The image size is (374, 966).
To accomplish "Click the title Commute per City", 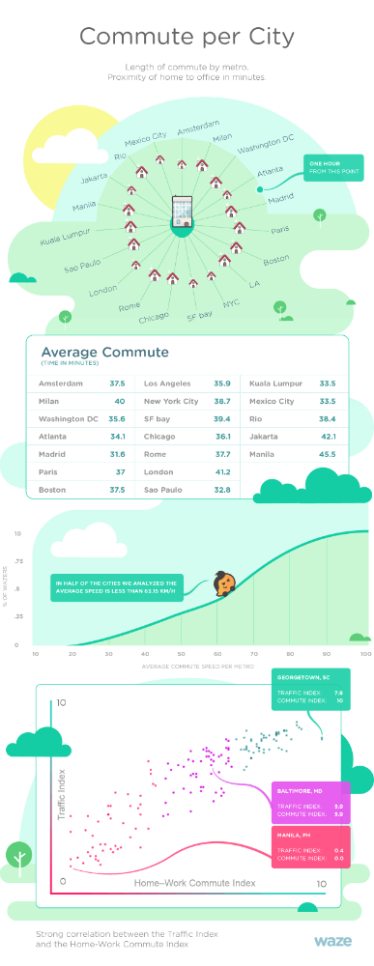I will tap(187, 38).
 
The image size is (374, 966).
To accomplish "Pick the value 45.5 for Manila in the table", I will tap(326, 454).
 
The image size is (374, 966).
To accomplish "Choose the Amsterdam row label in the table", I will tap(62, 383).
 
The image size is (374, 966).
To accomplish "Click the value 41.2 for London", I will tap(220, 472).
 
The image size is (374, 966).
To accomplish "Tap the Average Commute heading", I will tap(104, 353).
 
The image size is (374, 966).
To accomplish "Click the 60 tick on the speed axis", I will tap(216, 654).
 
